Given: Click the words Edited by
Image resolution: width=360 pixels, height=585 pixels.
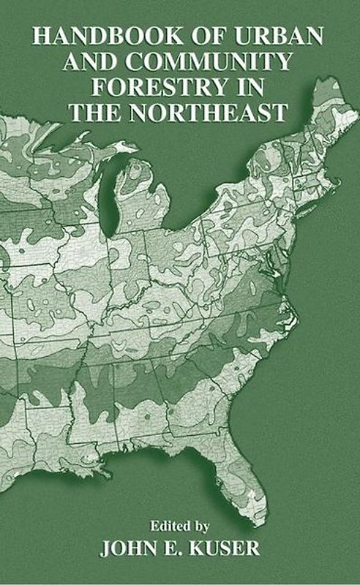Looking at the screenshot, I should tap(180, 525).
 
